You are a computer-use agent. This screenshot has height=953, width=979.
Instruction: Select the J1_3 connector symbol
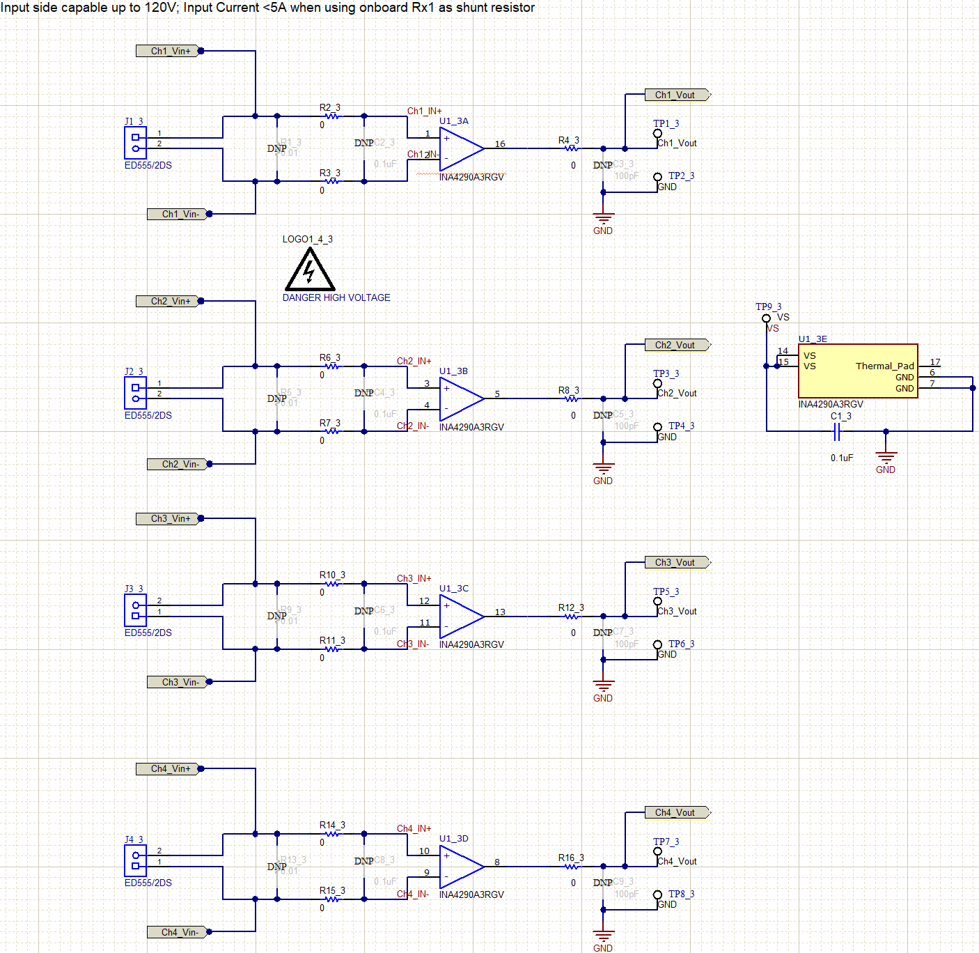click(135, 143)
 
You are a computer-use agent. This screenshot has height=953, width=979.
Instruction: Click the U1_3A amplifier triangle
click(460, 148)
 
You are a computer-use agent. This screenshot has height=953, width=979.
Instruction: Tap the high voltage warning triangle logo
click(310, 270)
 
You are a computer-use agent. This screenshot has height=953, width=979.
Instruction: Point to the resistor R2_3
click(333, 116)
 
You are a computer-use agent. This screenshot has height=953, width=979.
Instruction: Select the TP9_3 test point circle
click(766, 318)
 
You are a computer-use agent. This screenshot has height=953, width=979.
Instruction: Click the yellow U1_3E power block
click(857, 371)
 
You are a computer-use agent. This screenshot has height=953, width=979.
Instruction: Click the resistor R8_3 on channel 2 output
click(572, 399)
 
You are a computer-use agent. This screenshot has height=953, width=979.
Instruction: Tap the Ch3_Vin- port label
click(178, 682)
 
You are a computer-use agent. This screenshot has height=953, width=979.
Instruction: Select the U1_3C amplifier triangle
click(460, 617)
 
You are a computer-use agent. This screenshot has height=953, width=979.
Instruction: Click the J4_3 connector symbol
click(135, 861)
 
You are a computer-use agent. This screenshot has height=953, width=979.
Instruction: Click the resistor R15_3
click(333, 899)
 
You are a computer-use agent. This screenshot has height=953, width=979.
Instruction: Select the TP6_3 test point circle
click(657, 644)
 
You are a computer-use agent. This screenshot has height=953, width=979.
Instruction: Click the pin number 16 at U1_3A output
click(500, 144)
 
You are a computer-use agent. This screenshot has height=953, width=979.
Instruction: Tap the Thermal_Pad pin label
click(884, 366)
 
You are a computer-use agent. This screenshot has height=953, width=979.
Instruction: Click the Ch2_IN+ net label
click(414, 361)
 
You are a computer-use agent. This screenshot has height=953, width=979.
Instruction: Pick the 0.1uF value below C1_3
click(841, 458)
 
